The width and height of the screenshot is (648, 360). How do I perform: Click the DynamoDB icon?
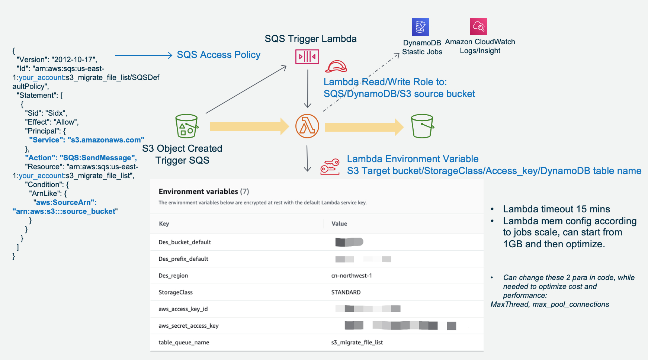coord(420,27)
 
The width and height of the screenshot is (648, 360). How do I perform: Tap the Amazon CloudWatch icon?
coord(478,26)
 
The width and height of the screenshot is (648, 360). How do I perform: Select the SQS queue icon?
coord(307,57)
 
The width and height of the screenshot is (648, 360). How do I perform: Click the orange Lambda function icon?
coord(307,126)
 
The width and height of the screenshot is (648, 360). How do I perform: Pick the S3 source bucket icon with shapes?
coord(186,126)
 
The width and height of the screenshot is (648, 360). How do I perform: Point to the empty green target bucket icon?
coord(422,126)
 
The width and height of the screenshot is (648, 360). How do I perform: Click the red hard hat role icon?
coord(336,67)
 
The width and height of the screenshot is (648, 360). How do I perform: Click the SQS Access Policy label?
coord(218,55)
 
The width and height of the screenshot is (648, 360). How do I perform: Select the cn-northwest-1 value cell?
coord(352,276)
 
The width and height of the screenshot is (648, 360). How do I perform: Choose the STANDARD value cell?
coord(346,292)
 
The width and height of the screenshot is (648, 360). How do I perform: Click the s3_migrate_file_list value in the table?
coord(357,343)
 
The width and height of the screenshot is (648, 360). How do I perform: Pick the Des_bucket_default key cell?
coord(185,242)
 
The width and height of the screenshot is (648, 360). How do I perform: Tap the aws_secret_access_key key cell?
coord(188,326)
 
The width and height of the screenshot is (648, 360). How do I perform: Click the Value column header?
coord(339,224)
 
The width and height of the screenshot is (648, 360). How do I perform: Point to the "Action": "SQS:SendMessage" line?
coord(81,158)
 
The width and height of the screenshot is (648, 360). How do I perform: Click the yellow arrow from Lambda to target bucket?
coord(364,127)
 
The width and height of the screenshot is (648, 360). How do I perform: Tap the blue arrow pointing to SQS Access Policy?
coord(143,55)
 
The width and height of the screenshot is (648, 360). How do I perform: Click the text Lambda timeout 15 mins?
coord(556,209)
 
